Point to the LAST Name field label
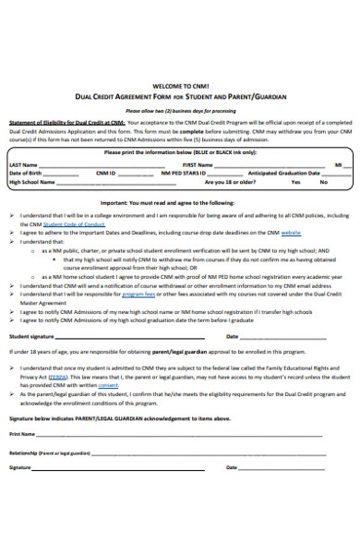(24, 163)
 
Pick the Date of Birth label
(26, 173)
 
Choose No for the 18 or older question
(324, 182)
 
